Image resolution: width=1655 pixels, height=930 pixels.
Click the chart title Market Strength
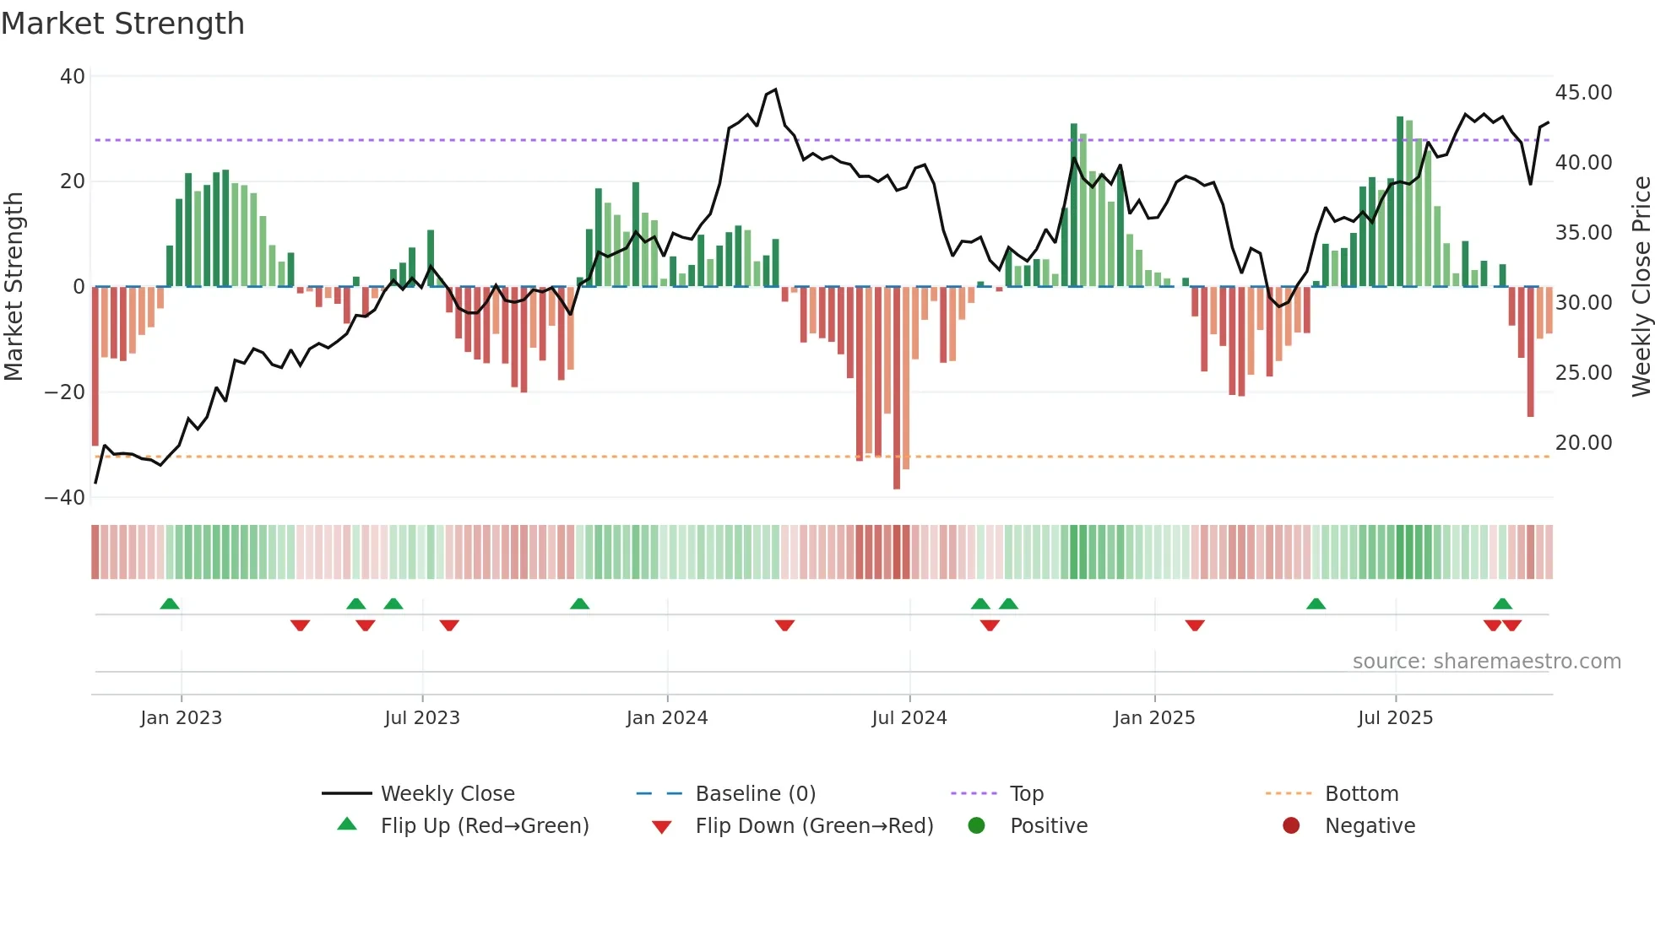tap(122, 24)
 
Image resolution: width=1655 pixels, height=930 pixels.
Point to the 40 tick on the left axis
tap(73, 77)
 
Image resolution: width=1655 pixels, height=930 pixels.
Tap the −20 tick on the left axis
tap(65, 392)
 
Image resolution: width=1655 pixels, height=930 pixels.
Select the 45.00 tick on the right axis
tap(1583, 93)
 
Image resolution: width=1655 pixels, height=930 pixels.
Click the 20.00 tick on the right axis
tap(1583, 443)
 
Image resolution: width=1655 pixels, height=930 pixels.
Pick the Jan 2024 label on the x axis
tap(666, 718)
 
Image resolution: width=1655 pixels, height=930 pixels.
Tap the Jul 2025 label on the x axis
tap(1395, 718)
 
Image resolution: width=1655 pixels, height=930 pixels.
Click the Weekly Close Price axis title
tap(1641, 287)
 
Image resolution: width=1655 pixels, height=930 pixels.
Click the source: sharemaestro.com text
tap(1486, 662)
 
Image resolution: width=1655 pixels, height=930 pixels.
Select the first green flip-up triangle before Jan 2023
tap(170, 604)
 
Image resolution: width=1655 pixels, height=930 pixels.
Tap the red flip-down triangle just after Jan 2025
tap(1194, 625)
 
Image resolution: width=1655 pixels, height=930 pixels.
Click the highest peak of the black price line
tap(775, 89)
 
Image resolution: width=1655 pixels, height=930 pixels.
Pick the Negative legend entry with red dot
tap(1369, 826)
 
